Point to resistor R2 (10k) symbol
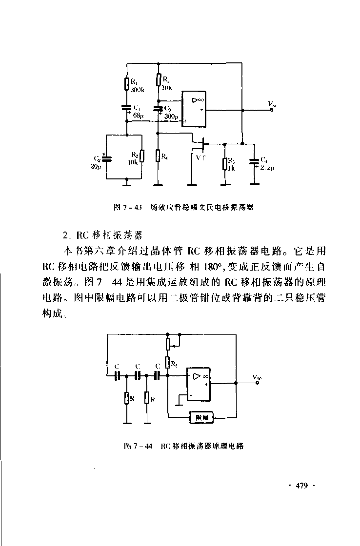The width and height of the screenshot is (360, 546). [141, 156]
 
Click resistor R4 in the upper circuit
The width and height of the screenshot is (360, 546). [158, 156]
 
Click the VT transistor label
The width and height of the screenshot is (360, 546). [200, 158]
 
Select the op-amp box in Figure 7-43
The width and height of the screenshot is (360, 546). [194, 110]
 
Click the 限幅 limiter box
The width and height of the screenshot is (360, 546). [202, 417]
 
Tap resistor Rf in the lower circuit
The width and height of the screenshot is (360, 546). [167, 362]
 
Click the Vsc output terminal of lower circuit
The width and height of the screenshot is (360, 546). [259, 383]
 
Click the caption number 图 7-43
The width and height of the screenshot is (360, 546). [127, 207]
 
